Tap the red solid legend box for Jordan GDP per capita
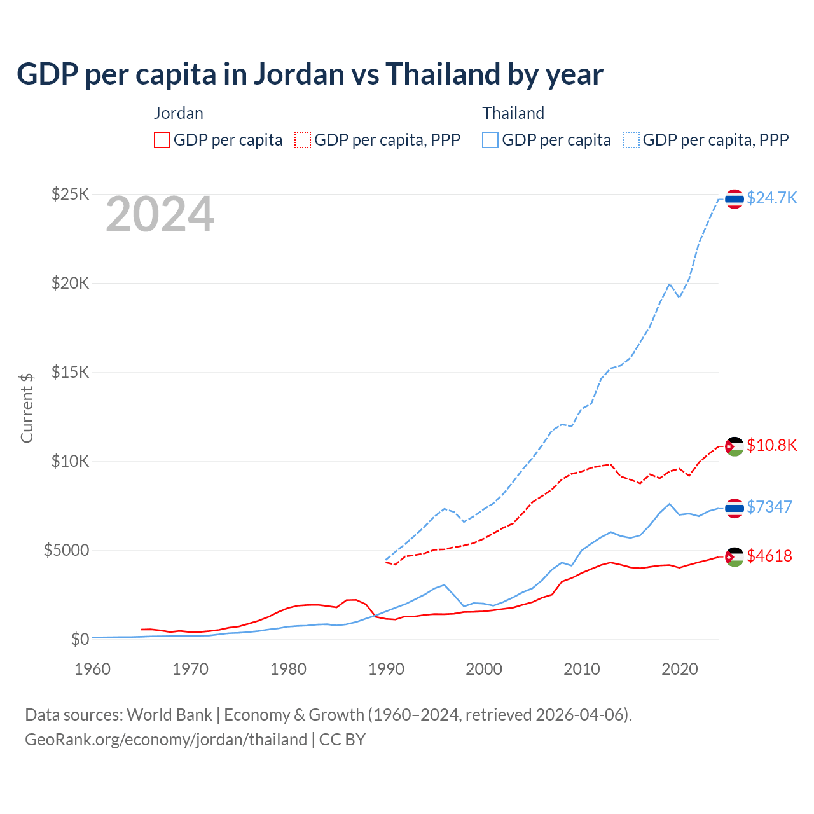[x=162, y=140]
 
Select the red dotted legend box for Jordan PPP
[x=303, y=140]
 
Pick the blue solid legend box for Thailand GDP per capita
[x=490, y=140]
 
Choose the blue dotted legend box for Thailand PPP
[x=631, y=140]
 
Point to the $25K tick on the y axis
[x=71, y=194]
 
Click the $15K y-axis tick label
[x=71, y=372]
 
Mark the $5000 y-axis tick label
[x=66, y=550]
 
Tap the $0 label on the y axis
[x=79, y=639]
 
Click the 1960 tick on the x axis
[x=93, y=669]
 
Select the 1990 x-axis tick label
[x=386, y=669]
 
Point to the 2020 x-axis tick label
[x=680, y=669]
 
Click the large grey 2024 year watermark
[x=160, y=215]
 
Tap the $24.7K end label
[x=771, y=198]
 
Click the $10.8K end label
[x=771, y=445]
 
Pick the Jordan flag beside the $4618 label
[x=735, y=556]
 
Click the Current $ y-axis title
[x=27, y=408]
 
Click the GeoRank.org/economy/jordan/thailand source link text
[x=166, y=740]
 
